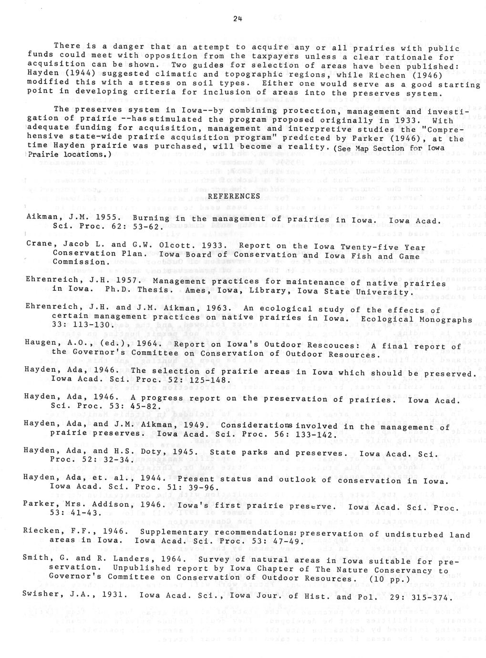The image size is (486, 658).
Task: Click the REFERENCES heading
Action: click(234, 196)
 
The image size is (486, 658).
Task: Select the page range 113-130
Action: click(83, 326)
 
